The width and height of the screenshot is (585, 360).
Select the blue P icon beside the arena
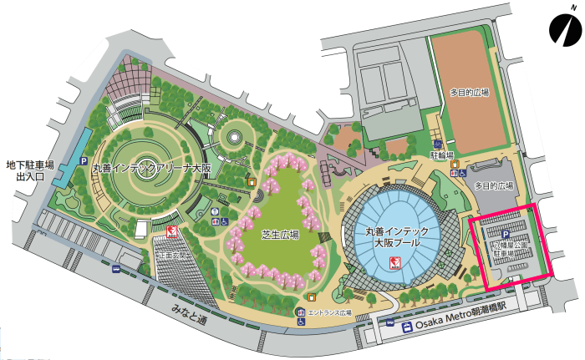[83, 160]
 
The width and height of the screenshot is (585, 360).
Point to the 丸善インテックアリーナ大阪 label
[151, 168]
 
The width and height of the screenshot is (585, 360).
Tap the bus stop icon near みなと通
[115, 270]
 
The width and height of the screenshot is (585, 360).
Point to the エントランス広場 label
[330, 313]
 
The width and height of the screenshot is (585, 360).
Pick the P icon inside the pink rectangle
[504, 236]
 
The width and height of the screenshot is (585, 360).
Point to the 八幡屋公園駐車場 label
[509, 252]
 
